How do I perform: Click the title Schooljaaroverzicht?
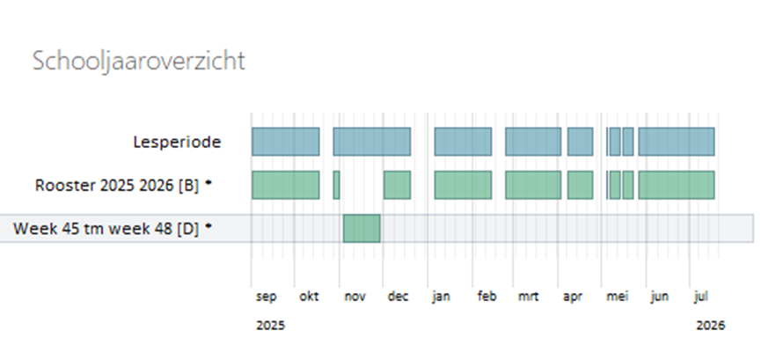[138, 61]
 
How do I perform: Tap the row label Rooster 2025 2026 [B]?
[119, 185]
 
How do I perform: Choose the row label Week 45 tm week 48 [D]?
[107, 228]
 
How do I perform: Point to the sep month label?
[266, 297]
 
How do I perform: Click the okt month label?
[309, 297]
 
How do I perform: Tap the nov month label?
[354, 297]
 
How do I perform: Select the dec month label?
[398, 297]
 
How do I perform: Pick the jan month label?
[441, 297]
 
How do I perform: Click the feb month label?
[487, 297]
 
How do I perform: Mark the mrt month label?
[530, 297]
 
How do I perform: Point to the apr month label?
[573, 297]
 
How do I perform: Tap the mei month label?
[616, 297]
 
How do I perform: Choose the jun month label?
[659, 297]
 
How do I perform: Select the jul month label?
[701, 297]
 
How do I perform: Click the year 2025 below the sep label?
[271, 325]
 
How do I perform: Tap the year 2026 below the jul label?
[709, 325]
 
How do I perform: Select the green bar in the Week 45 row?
[362, 228]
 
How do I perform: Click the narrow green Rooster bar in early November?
[336, 185]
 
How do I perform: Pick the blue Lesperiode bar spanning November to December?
[371, 141]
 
